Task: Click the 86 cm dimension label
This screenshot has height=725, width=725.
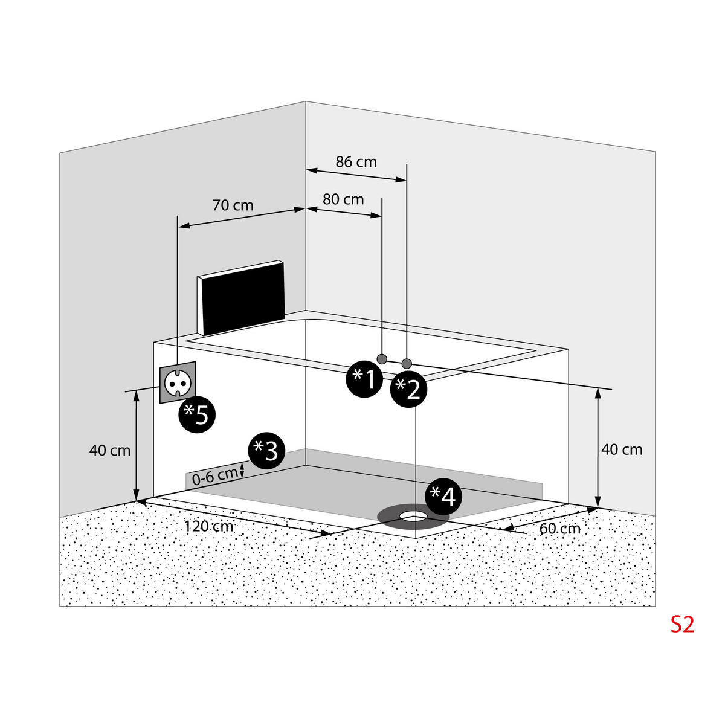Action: coord(356,162)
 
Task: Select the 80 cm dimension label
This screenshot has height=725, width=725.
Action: coord(343,199)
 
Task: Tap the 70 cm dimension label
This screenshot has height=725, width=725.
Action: coord(233,205)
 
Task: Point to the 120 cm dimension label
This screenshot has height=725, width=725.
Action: coord(209,526)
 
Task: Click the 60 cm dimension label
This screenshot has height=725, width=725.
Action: coord(560,528)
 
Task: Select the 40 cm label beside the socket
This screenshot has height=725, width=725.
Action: coord(110,450)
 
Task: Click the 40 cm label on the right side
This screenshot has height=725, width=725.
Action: coord(622,449)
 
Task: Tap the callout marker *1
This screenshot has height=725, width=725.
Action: coord(364,379)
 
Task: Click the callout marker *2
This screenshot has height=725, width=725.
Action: coord(408,390)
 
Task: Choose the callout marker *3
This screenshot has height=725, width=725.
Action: coord(266,451)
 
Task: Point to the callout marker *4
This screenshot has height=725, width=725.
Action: coord(443,497)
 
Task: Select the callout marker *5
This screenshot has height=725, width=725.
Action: coord(197,414)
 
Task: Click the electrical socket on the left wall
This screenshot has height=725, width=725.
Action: coord(178,382)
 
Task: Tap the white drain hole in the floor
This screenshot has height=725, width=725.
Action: coord(414,515)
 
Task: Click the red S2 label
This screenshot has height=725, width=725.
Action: coord(682,624)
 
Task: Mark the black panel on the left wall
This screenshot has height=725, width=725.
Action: coord(241,298)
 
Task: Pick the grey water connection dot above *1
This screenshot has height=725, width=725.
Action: coord(382,358)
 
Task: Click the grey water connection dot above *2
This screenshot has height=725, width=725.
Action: coord(407,363)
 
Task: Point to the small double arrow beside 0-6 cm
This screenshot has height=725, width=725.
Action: coord(242,470)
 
